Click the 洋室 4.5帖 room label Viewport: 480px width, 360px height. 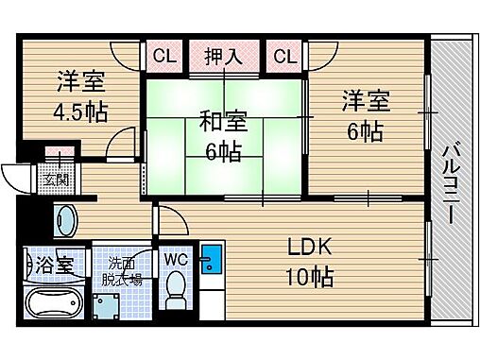[x=79, y=96]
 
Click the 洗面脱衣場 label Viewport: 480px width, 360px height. [x=124, y=270]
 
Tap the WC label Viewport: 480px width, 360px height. [x=177, y=258]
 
